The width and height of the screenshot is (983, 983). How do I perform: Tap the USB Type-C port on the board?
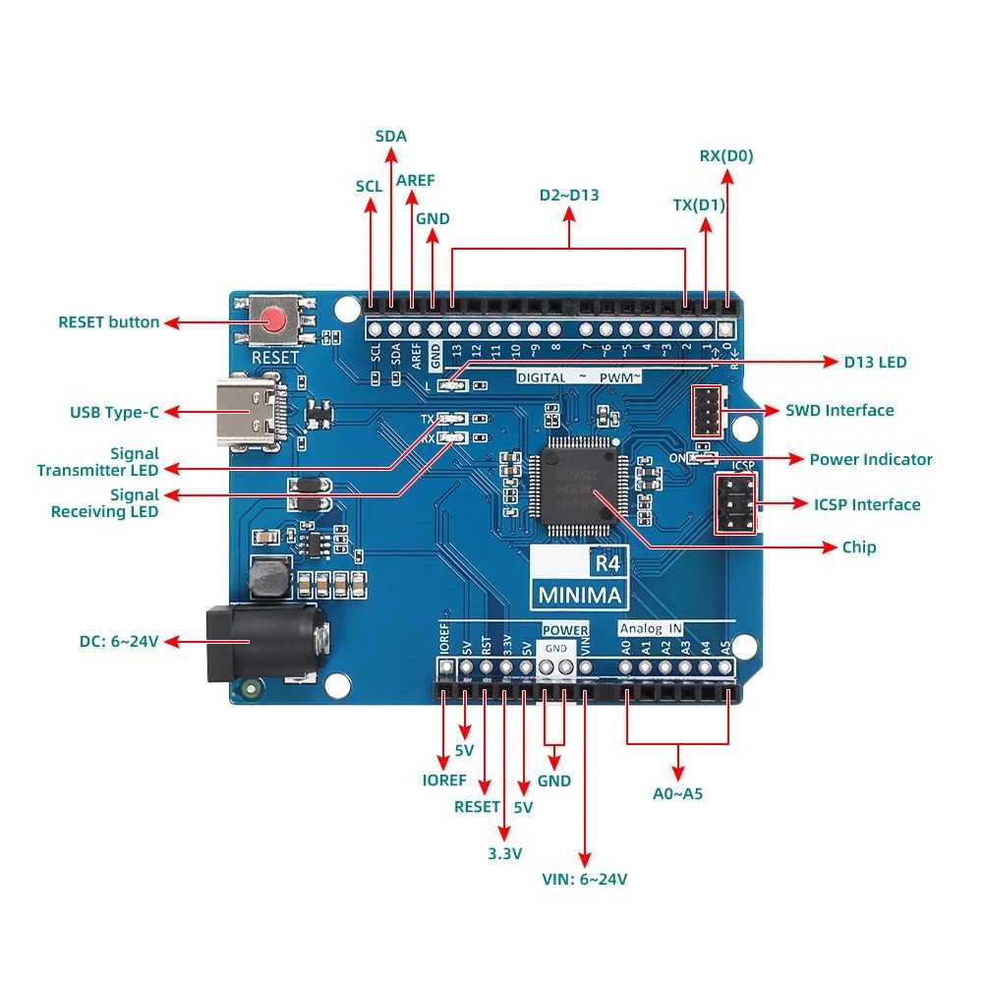click(x=252, y=413)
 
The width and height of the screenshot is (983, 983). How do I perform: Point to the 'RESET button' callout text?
click(x=108, y=321)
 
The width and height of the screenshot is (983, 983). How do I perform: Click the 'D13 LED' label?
click(x=875, y=362)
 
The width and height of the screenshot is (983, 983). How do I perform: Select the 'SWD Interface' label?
click(x=839, y=410)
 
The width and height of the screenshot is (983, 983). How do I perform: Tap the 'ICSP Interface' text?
click(x=867, y=504)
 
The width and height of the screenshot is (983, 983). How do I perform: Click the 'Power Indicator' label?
click(x=870, y=459)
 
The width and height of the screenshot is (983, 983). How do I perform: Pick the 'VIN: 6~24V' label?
click(x=585, y=879)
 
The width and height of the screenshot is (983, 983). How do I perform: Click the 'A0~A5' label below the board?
click(x=678, y=793)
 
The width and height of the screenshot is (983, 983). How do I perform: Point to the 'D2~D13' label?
click(x=568, y=195)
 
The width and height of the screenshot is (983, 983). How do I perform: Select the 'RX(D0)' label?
click(x=726, y=155)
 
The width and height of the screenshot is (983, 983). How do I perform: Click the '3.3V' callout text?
click(x=504, y=852)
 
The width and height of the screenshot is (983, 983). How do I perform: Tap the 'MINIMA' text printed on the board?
click(x=579, y=595)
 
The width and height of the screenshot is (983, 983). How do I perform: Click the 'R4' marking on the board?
click(x=605, y=563)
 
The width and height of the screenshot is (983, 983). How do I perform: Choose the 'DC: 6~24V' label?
click(x=119, y=641)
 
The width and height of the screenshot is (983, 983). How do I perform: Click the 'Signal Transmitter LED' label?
click(x=98, y=462)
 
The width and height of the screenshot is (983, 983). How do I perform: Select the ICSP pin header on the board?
click(x=735, y=504)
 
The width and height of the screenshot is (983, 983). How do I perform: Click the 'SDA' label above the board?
click(x=391, y=136)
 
